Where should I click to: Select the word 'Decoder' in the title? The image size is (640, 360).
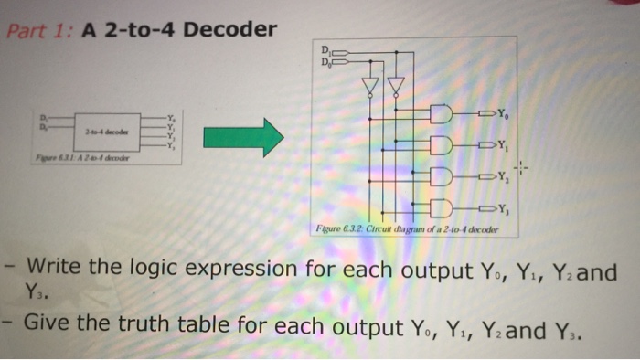[x=231, y=30]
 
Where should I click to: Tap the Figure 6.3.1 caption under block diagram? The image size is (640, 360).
[x=82, y=156]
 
